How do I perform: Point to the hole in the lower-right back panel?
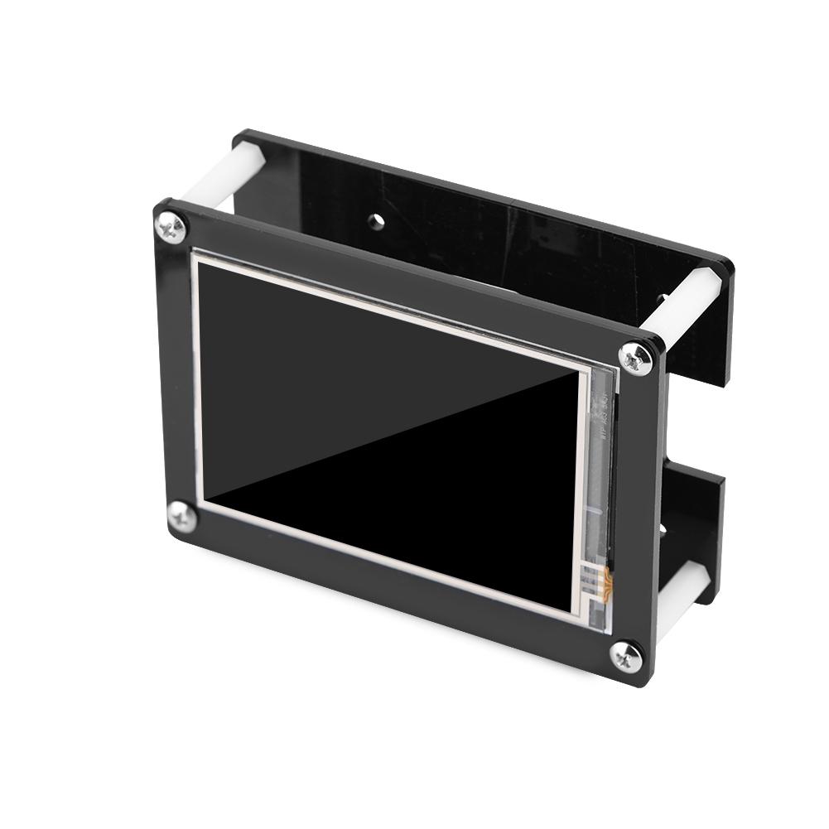[662, 528]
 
